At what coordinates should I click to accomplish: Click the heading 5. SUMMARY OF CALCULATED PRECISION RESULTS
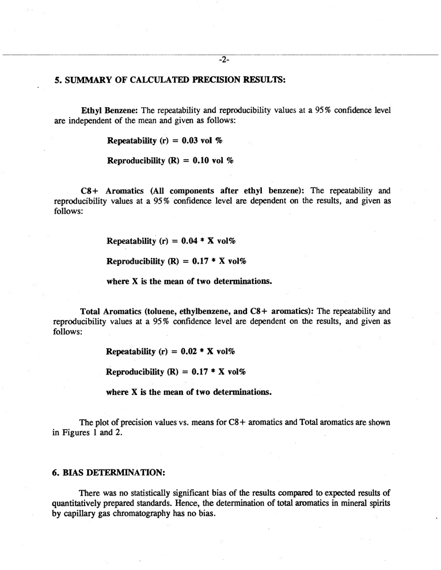pos(169,80)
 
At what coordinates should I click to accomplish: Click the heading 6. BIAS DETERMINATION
pos(108,472)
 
